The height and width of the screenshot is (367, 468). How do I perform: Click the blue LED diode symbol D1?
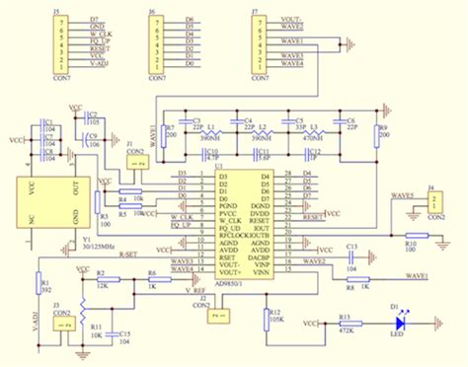click(399, 322)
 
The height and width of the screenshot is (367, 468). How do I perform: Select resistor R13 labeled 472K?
click(345, 322)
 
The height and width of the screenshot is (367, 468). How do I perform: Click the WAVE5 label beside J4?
click(399, 196)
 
